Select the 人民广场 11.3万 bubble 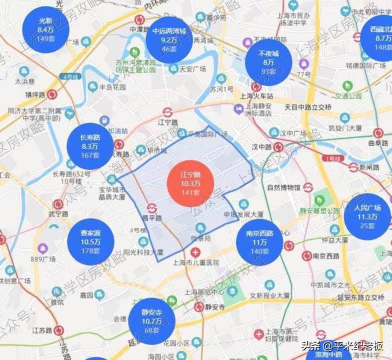(367, 216)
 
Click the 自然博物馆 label (283, 187)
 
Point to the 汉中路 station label (261, 147)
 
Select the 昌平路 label (152, 218)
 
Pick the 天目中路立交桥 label (308, 107)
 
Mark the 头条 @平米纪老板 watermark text (342, 345)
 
